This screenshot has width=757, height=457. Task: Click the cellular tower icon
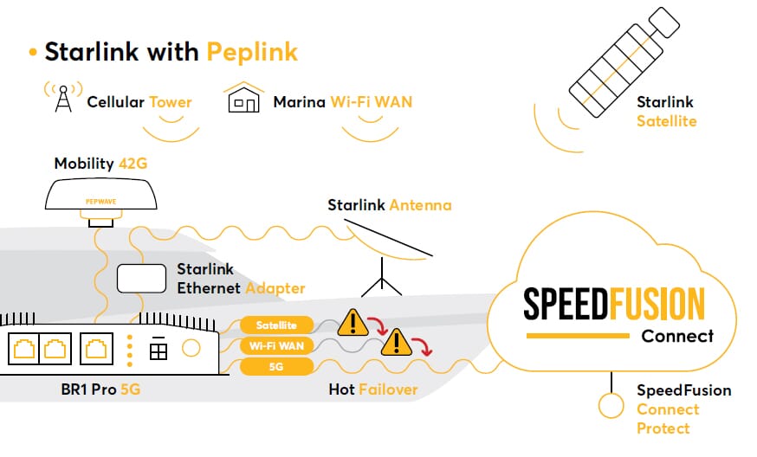tap(63, 98)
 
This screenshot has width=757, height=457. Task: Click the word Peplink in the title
tap(252, 52)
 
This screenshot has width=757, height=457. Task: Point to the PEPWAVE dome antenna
tap(100, 196)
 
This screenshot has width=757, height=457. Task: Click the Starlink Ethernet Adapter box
tap(142, 277)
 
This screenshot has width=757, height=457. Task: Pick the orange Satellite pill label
tap(275, 325)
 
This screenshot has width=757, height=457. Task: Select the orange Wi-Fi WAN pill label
tap(275, 346)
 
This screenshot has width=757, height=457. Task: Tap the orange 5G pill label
tap(275, 367)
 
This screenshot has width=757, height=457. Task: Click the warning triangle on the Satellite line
tap(353, 323)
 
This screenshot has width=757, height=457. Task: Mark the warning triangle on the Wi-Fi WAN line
tap(398, 343)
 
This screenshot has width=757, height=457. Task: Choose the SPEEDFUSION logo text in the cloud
tap(614, 304)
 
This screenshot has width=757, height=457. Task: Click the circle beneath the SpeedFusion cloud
tap(611, 404)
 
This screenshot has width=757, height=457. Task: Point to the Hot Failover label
tap(373, 389)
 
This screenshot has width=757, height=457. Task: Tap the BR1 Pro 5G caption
tap(95, 389)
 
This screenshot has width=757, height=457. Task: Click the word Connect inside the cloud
tap(677, 336)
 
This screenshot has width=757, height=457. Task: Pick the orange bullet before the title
tap(33, 52)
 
